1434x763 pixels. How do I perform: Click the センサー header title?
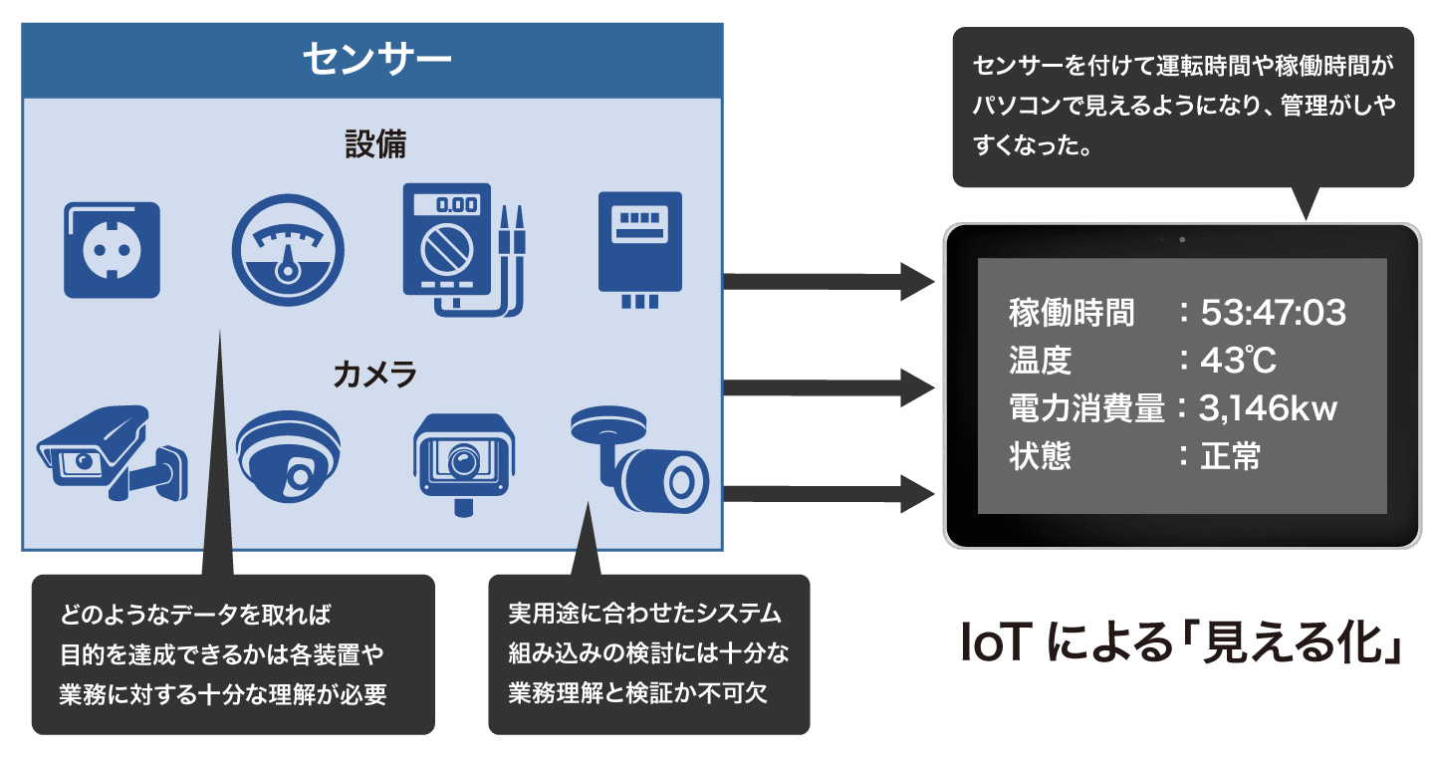(x=376, y=60)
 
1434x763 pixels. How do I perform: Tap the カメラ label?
(x=374, y=376)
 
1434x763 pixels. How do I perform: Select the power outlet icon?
(x=112, y=250)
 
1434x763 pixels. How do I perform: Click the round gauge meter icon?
(x=288, y=250)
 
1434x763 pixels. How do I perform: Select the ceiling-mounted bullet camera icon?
(x=642, y=463)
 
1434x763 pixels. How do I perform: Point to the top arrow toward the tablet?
(x=827, y=281)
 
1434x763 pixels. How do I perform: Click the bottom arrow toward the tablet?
(x=827, y=492)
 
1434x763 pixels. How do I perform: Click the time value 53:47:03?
(x=1273, y=314)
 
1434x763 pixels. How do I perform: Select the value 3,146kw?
(x=1269, y=408)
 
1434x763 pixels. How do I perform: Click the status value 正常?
(x=1231, y=456)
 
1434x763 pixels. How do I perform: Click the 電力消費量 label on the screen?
(x=1086, y=408)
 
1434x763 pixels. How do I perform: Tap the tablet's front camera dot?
(x=1182, y=240)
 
